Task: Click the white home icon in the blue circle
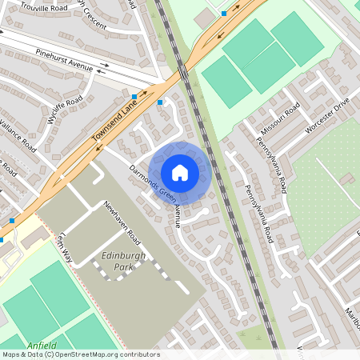[x=180, y=173]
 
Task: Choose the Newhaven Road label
[x=122, y=222]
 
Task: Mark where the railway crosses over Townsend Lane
[x=183, y=72]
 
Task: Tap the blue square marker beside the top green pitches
[x=224, y=14]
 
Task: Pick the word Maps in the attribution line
[x=12, y=354]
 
